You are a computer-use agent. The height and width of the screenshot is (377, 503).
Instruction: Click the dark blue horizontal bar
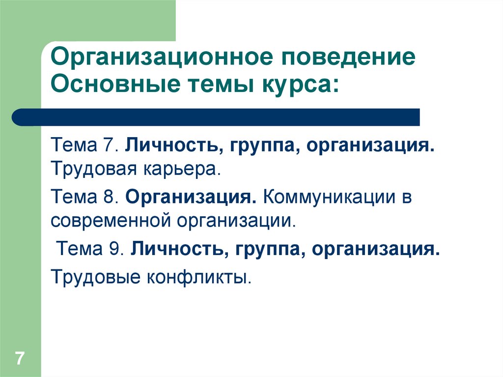216,117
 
